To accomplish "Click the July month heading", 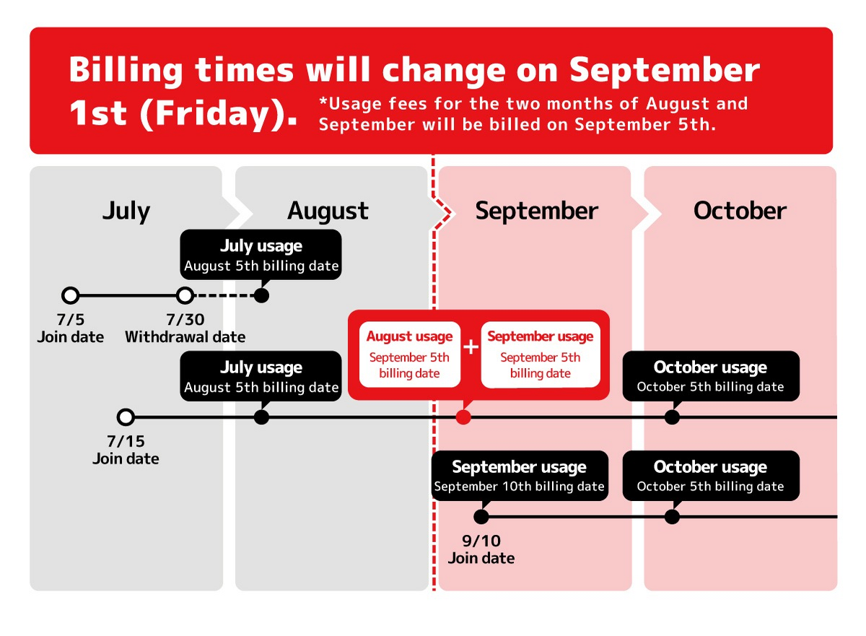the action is coord(126,212).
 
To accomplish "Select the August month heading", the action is coord(328,212).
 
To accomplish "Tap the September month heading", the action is coord(537,212).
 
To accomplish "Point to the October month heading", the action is coord(740,211).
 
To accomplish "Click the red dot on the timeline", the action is coord(463,417).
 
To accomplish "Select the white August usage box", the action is coord(410,354).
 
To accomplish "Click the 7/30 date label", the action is coord(185,320).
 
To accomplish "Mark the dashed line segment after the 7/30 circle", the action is coord(224,296).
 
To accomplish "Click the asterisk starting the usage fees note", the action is coord(323,101).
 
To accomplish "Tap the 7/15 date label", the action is coord(126,441).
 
